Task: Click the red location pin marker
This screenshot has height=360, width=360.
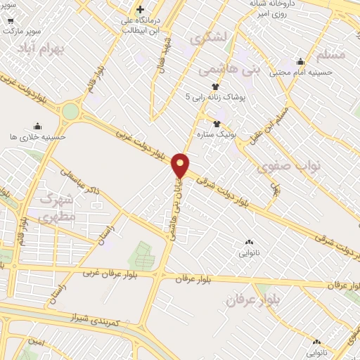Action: coord(181,165)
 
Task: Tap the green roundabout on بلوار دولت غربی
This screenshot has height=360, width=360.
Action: coord(70,111)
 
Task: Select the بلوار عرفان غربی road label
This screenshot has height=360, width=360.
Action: coord(109,272)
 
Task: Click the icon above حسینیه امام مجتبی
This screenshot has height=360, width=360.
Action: coord(300,62)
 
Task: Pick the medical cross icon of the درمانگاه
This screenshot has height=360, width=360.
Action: coord(140,9)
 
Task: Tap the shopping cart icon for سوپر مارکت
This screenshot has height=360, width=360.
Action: coord(10,20)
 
